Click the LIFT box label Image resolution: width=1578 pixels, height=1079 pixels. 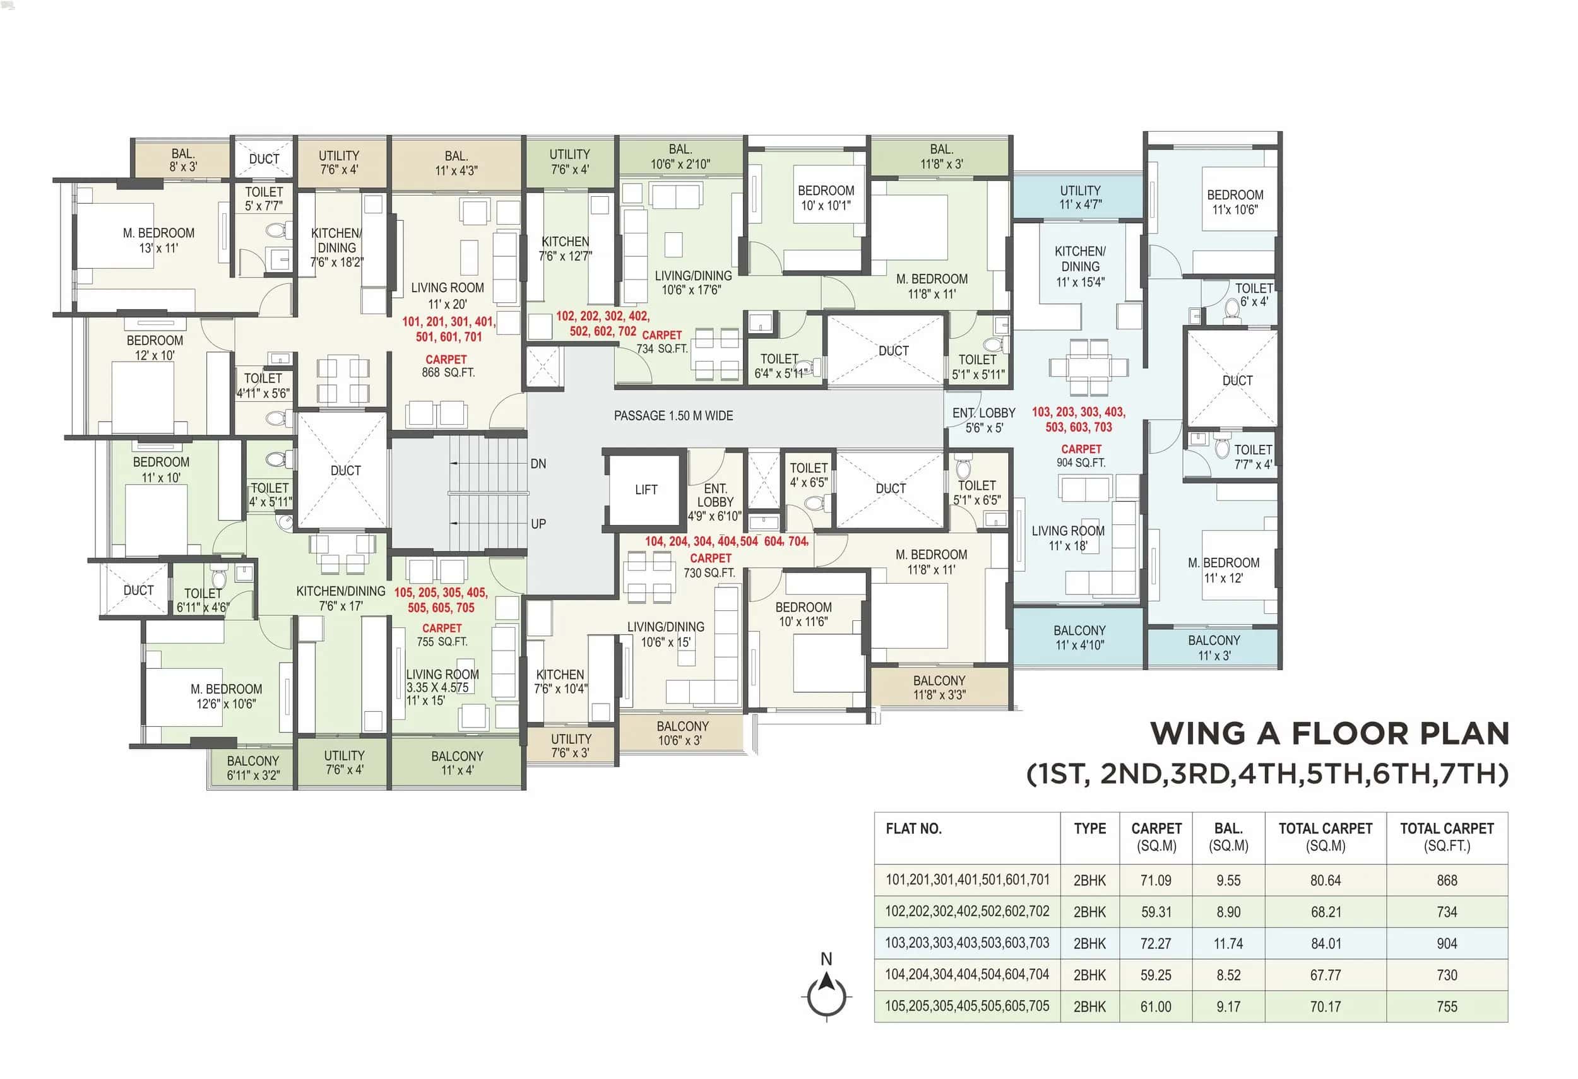click(x=646, y=489)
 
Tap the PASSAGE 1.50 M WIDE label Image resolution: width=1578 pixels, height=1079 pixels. click(x=673, y=415)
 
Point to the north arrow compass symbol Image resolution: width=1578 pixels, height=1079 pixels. click(x=826, y=991)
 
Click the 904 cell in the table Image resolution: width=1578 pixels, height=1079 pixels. click(x=1446, y=943)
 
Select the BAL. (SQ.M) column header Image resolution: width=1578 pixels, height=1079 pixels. click(x=1228, y=837)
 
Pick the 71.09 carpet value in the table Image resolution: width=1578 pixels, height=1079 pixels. click(x=1156, y=880)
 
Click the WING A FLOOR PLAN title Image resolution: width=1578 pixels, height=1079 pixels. click(x=1329, y=734)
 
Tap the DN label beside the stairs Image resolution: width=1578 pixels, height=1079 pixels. click(x=538, y=464)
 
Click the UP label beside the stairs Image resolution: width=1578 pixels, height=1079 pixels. click(x=538, y=524)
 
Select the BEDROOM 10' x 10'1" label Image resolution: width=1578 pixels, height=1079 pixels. click(x=825, y=198)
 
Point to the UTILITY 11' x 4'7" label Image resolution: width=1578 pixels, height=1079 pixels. click(x=1079, y=197)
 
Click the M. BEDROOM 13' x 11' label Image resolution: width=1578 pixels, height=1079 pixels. click(x=158, y=240)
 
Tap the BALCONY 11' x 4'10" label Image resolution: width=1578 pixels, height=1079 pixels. click(x=1079, y=637)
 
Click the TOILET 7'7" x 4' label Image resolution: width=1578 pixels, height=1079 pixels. click(x=1252, y=457)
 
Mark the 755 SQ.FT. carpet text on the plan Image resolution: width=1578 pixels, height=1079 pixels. click(x=441, y=641)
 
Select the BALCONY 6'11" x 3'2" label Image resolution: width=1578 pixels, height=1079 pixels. click(x=252, y=767)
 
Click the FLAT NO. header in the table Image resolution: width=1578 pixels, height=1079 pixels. click(x=913, y=828)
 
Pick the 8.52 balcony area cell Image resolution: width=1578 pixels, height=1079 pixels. click(x=1228, y=975)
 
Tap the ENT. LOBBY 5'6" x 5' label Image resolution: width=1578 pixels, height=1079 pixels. click(x=983, y=420)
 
